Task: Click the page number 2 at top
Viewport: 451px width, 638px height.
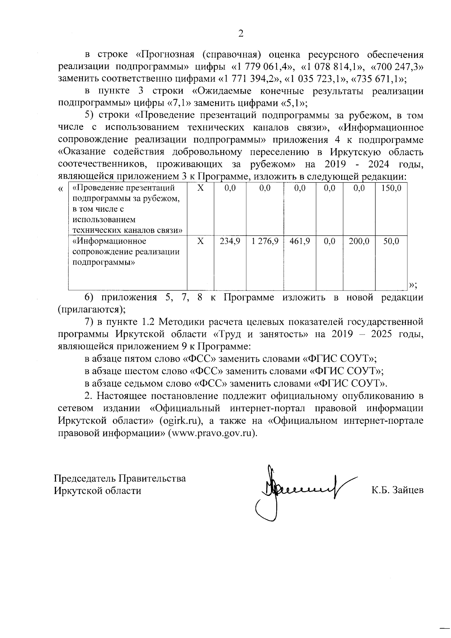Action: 241,34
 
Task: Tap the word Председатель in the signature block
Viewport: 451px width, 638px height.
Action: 85,478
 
